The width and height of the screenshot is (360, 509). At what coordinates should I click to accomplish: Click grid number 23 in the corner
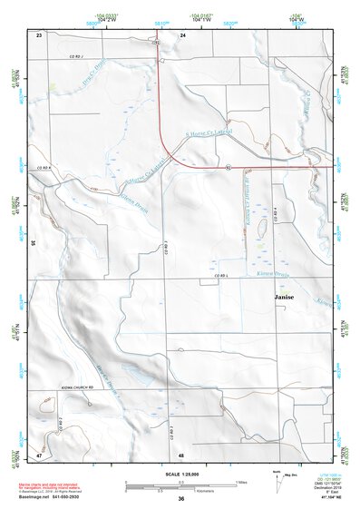point(39,34)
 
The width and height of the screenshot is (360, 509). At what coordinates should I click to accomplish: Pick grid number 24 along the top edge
point(182,34)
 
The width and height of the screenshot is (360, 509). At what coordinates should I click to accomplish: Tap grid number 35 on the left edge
point(33,243)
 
